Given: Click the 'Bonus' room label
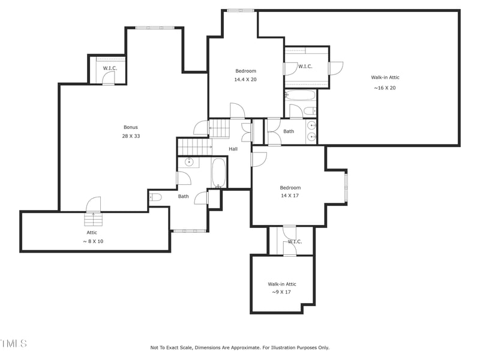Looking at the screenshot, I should click(131, 127).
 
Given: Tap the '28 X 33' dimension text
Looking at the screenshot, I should click(131, 136).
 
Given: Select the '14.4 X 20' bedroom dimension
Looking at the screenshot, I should click(245, 79).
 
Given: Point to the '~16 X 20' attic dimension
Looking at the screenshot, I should click(385, 88).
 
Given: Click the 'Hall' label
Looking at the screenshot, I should click(233, 149).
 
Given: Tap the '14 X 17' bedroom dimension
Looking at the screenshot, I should click(290, 196).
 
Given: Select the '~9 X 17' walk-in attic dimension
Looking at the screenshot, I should click(281, 292).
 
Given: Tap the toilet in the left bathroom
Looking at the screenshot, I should click(155, 197).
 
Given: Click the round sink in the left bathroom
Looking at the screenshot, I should click(189, 162).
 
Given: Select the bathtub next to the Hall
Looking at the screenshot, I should click(218, 173).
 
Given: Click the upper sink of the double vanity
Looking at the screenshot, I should click(311, 126).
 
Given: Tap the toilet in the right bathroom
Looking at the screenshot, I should click(310, 111).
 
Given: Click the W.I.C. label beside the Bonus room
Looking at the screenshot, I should click(110, 68).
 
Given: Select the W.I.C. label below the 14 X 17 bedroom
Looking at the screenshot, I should click(295, 242).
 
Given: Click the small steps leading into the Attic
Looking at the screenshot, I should click(93, 220).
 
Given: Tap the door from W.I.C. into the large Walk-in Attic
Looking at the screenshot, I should click(335, 68).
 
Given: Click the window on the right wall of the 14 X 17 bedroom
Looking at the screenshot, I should click(346, 187).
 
